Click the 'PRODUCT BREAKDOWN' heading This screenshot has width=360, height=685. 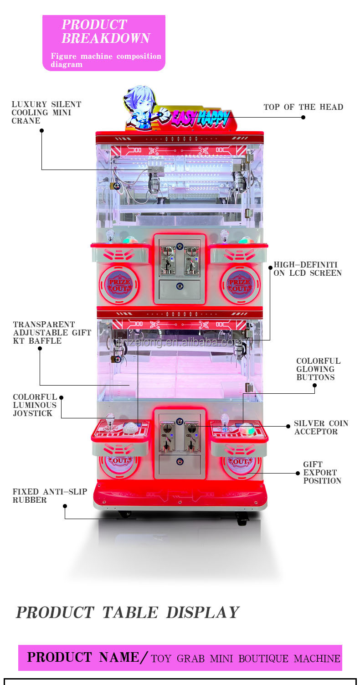106,31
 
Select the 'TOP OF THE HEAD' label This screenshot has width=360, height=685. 303,107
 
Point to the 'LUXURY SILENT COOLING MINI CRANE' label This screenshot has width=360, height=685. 46,113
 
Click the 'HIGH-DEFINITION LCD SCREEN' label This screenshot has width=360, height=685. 307,269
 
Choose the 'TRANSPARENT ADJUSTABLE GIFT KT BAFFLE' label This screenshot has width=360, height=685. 51,333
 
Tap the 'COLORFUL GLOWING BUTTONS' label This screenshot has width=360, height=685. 318,369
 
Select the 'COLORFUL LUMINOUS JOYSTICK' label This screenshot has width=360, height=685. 35,405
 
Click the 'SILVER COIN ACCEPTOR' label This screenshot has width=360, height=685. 321,427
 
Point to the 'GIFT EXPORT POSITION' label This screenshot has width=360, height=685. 322,473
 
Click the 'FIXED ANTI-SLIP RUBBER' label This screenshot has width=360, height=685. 49,496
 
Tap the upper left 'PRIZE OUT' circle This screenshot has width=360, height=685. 119,285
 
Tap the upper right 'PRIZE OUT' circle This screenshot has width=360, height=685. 240,285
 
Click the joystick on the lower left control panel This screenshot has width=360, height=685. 110,421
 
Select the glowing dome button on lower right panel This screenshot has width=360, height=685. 247,429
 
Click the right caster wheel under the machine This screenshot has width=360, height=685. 242,518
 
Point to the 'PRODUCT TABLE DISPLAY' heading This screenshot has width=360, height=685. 127,613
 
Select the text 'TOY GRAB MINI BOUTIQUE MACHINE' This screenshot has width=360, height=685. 245,659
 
